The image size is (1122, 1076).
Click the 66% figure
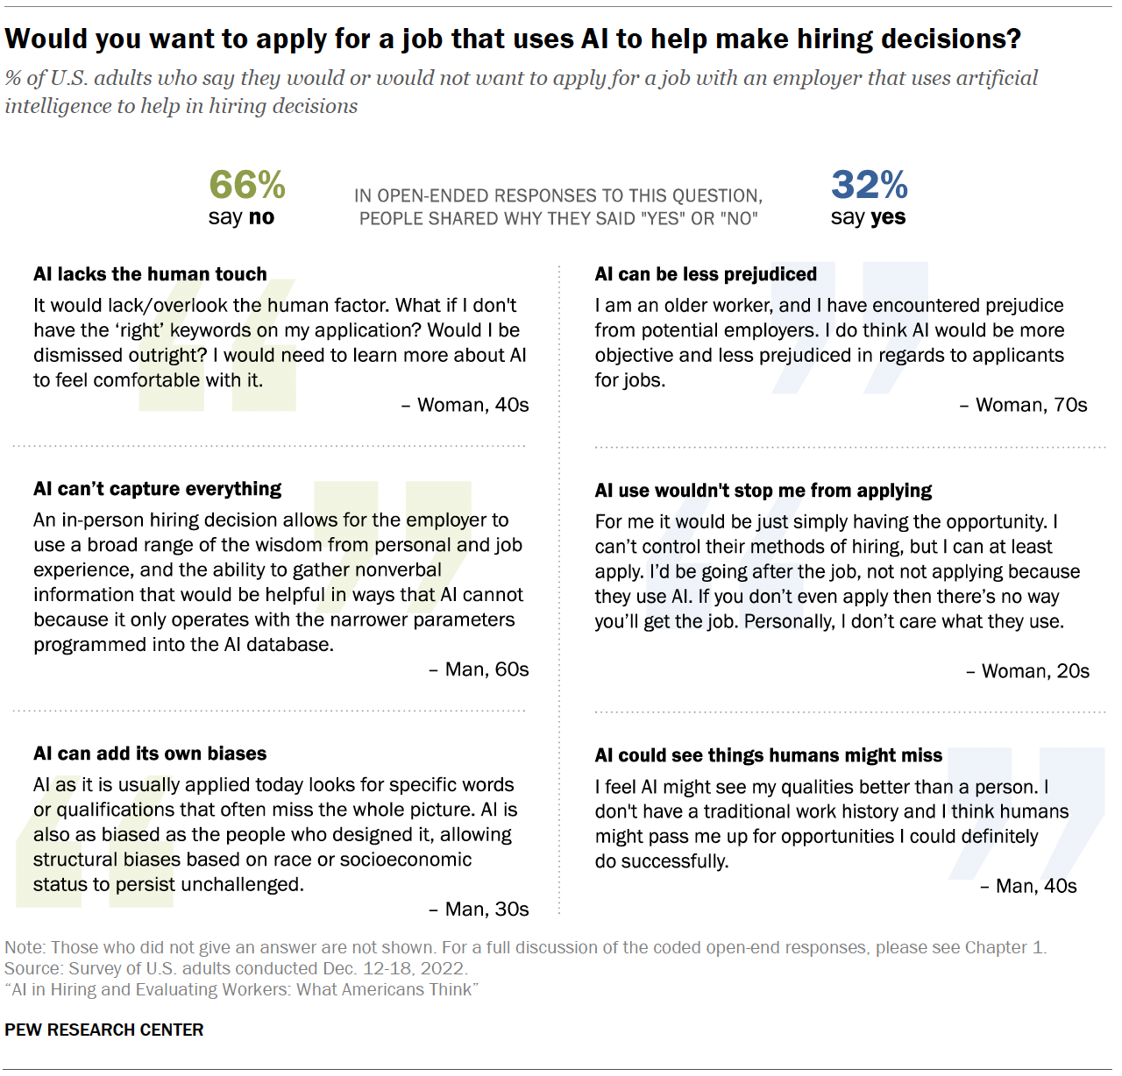[247, 185]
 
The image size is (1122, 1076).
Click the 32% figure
[869, 185]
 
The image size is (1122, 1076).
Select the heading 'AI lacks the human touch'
[150, 274]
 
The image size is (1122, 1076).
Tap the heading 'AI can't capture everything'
[158, 489]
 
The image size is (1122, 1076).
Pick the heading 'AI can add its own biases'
[150, 754]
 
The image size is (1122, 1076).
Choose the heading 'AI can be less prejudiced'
[706, 274]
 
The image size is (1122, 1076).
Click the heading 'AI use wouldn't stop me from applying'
[763, 491]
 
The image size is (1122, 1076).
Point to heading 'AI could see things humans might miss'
[768, 755]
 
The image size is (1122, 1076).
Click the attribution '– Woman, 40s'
[465, 405]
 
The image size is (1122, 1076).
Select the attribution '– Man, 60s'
[479, 669]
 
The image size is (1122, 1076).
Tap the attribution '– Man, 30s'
[479, 910]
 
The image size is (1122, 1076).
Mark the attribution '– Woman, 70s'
[1023, 405]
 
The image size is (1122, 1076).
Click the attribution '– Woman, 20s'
[1027, 671]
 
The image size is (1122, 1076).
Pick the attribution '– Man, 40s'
[1028, 886]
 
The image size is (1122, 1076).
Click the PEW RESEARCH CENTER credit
[104, 1030]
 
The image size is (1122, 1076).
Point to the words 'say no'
[241, 217]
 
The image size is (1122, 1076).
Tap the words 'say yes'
[868, 217]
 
